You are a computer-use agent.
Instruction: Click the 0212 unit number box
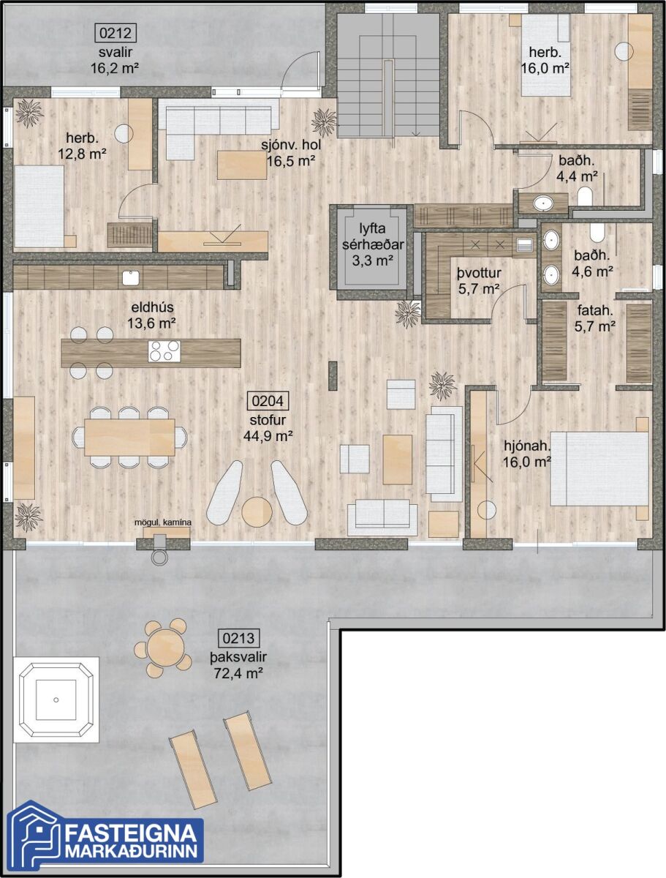coord(116,33)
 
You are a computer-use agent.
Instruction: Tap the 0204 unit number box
coord(268,401)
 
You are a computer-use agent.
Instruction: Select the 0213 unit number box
coord(238,638)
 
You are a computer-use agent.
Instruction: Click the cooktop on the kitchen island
coord(164,350)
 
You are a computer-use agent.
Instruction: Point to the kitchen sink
coord(131,277)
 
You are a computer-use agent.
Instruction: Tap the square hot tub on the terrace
coord(56,699)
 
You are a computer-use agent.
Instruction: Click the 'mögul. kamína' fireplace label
coord(162,522)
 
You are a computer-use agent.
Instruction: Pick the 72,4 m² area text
coord(238,674)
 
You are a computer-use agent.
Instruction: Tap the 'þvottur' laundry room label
coord(479,274)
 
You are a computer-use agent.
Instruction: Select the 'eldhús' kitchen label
coord(153,307)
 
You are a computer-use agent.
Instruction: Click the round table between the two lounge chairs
coord(257,511)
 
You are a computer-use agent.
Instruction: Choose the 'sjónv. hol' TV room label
coord(291,144)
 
